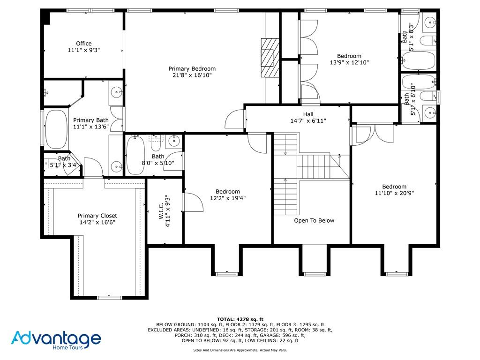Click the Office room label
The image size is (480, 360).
point(84,44)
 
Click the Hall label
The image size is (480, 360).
point(308,114)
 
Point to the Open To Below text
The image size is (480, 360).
point(314,220)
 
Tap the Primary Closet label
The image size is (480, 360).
point(97,216)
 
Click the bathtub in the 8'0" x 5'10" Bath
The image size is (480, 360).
point(135,155)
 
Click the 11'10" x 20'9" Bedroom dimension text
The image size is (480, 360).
point(394,193)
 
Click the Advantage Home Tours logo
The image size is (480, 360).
point(56,339)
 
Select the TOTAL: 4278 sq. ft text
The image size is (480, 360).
point(240,319)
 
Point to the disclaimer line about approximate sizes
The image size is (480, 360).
point(240,350)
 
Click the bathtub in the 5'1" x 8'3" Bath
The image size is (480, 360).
point(419,61)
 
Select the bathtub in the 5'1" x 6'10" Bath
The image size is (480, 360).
point(419,81)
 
